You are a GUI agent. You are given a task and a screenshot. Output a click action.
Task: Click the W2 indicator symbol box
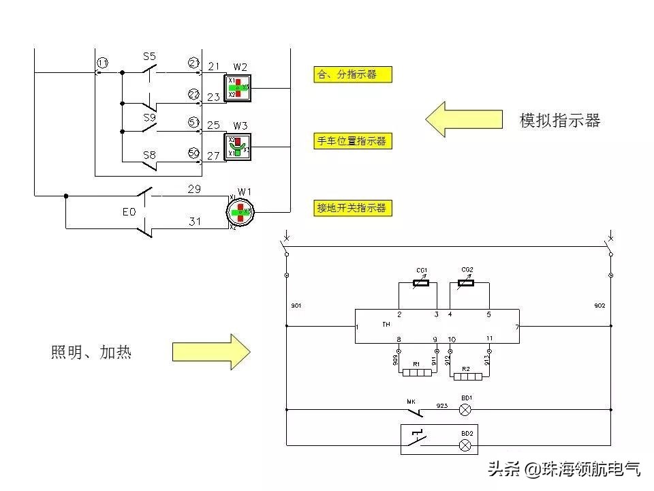click(238, 88)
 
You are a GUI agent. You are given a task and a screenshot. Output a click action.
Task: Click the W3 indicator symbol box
click(238, 145)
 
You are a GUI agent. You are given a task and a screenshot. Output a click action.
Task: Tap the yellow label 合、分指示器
click(352, 74)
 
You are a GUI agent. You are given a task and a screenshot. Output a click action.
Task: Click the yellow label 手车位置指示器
click(352, 141)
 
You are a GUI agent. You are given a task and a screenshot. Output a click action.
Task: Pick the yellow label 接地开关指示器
click(352, 208)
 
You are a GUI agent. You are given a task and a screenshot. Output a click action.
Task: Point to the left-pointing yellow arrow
click(463, 119)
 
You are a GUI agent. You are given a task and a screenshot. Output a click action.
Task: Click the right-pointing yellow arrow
click(211, 352)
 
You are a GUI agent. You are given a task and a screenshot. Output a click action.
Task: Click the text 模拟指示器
click(560, 121)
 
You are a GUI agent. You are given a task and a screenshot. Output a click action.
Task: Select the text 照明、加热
click(91, 353)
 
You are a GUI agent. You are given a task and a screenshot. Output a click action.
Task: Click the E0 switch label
click(129, 212)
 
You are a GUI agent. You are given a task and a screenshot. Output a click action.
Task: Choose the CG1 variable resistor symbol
click(422, 283)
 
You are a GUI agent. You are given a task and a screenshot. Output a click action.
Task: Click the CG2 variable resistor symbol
click(467, 283)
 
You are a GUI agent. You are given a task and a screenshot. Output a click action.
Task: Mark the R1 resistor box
click(417, 372)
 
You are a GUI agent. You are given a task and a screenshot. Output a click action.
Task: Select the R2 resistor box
click(467, 376)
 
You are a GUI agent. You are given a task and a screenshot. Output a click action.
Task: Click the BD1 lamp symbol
click(466, 410)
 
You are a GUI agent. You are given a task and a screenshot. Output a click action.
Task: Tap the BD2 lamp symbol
click(466, 445)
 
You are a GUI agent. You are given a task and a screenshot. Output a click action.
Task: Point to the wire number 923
click(443, 406)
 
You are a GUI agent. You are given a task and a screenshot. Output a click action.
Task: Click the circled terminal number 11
click(102, 63)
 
